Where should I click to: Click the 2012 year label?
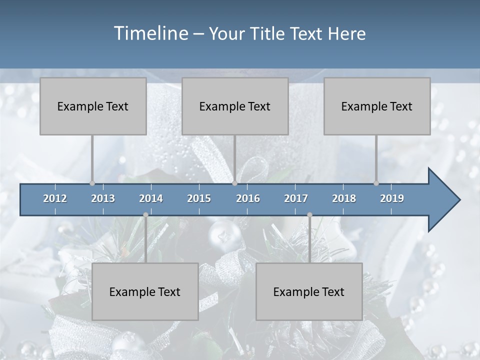55,198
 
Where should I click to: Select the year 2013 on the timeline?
103,198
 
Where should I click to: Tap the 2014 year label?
151,198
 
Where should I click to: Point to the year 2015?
199,198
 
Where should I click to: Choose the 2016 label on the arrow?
248,198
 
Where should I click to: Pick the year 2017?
296,198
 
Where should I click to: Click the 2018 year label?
344,198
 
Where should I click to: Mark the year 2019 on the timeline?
392,198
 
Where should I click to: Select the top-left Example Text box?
93,106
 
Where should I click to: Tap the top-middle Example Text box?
235,106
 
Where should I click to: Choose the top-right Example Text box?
377,106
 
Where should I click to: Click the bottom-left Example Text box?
145,291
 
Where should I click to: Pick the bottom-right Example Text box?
309,291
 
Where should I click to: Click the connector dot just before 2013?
92,183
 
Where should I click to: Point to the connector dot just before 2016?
234,183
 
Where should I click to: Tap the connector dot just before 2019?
376,183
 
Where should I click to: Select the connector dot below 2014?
145,214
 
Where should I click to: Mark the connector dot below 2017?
309,214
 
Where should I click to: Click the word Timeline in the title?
150,33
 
